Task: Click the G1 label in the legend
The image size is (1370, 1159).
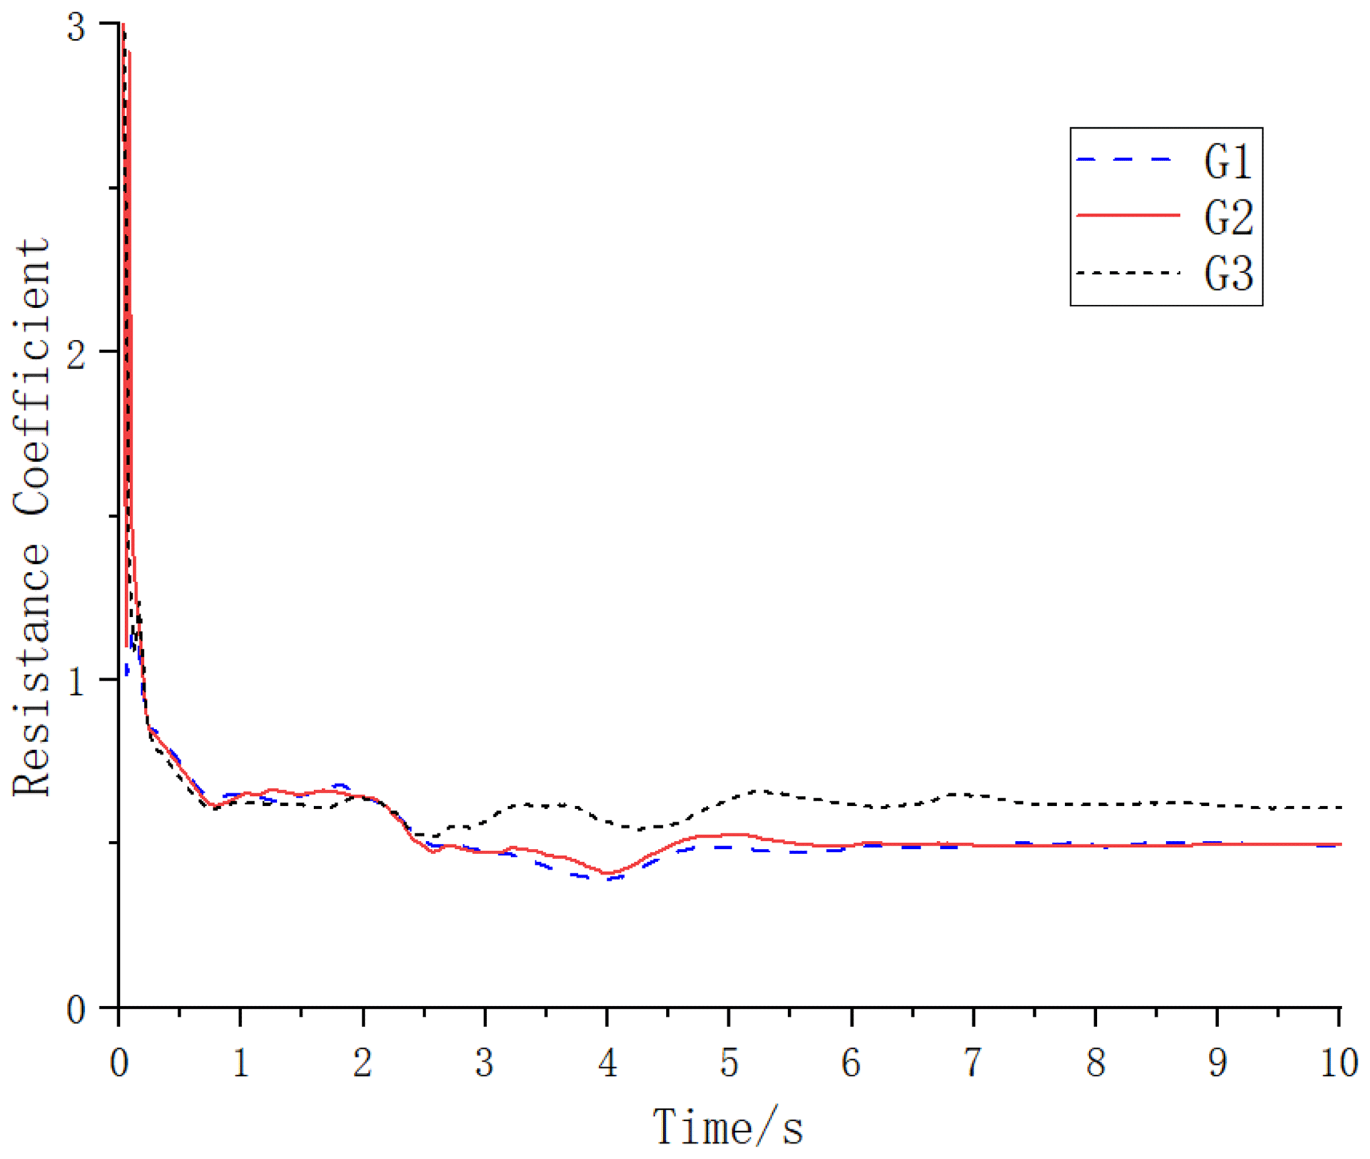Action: [1227, 162]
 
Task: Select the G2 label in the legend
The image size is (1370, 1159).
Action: [1227, 218]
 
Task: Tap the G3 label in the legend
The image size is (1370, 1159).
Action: [1227, 274]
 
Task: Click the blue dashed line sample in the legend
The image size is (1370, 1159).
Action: [1127, 160]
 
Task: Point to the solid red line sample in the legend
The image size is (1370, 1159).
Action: [1127, 215]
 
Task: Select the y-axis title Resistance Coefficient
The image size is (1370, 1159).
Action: [32, 516]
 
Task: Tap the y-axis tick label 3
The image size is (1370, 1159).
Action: [77, 28]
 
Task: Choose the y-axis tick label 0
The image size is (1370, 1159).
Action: [77, 1011]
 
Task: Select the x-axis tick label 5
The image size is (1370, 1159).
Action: [729, 1064]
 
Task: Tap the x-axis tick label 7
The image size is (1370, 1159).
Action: [972, 1064]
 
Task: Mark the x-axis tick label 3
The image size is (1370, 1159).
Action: [485, 1064]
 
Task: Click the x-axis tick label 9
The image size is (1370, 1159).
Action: [1217, 1064]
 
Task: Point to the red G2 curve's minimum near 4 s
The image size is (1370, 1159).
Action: [606, 874]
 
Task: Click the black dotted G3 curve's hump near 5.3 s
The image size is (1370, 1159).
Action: [762, 791]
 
